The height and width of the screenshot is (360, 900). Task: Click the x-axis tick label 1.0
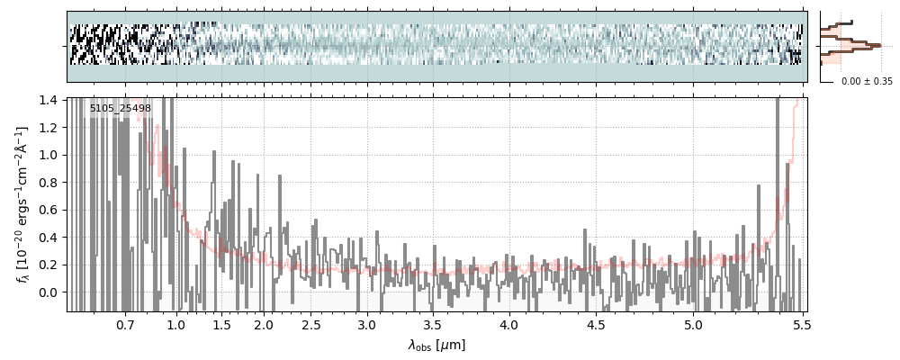tap(176, 325)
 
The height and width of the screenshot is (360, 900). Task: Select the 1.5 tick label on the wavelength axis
tap(221, 325)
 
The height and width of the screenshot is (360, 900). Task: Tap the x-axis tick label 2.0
tap(264, 325)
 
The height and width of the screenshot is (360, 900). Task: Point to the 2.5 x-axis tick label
tap(310, 325)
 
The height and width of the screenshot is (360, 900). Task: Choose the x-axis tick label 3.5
tap(432, 325)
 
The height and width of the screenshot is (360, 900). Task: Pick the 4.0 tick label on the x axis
tap(509, 325)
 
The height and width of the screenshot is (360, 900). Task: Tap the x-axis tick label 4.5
tap(598, 325)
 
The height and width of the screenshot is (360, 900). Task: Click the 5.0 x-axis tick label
tap(694, 325)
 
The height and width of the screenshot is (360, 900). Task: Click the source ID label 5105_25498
tap(120, 108)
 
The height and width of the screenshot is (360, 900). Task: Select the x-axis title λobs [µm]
tap(436, 345)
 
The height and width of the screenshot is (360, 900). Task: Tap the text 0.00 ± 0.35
tap(867, 81)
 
